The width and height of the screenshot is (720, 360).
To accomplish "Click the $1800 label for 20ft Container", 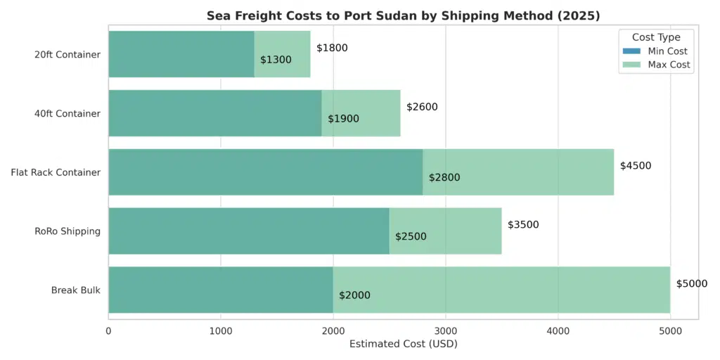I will (332, 48).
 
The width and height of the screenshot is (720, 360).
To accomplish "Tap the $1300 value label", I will (276, 60).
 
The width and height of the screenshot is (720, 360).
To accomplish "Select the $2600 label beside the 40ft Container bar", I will (422, 107).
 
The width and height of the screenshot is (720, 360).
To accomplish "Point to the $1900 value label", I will (343, 119).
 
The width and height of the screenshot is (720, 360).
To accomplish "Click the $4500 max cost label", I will (636, 166).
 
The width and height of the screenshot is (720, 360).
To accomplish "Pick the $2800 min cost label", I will (444, 177).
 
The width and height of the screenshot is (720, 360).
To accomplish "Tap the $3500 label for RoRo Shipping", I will (523, 225).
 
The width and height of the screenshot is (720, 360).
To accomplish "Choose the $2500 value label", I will (411, 236).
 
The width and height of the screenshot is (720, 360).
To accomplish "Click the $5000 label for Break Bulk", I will (692, 283).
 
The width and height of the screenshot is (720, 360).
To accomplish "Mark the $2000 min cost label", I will (354, 295).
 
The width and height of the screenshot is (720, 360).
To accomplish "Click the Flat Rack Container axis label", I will (56, 172).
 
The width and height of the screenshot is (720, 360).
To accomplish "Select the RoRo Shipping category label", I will (67, 231).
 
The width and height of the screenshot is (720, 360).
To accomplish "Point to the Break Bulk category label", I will (76, 290).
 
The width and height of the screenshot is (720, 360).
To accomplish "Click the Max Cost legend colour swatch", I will (631, 65).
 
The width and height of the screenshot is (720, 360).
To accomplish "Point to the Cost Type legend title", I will (656, 37).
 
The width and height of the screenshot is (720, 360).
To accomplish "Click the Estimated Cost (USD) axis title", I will (403, 344).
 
